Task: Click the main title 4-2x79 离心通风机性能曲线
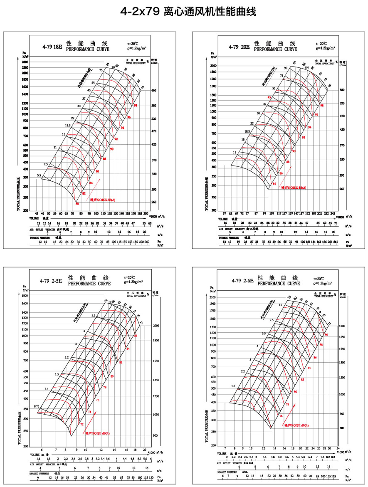[184, 12]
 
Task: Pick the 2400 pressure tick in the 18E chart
[25, 62]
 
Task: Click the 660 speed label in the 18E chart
[153, 90]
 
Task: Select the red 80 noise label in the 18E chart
[77, 204]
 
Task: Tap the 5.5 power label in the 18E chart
[39, 176]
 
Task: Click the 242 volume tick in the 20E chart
[332, 213]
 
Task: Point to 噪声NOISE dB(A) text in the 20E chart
[294, 188]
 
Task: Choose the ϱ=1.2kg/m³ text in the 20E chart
[326, 48]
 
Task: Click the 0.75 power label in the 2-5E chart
[37, 406]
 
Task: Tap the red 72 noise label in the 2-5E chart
[82, 424]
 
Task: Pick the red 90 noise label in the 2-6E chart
[326, 335]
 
